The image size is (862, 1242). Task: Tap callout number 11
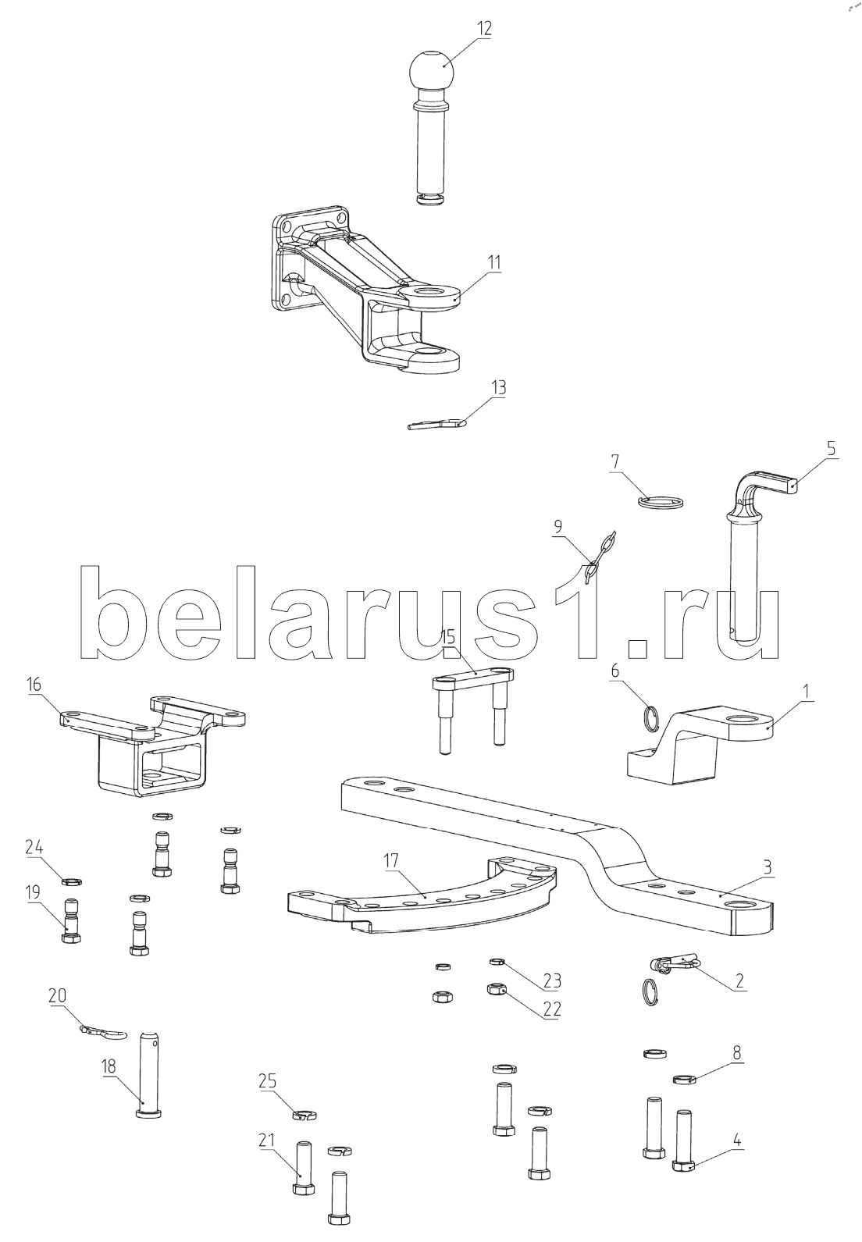click(493, 262)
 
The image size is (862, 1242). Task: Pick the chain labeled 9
click(599, 553)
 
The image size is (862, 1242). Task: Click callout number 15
click(448, 636)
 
